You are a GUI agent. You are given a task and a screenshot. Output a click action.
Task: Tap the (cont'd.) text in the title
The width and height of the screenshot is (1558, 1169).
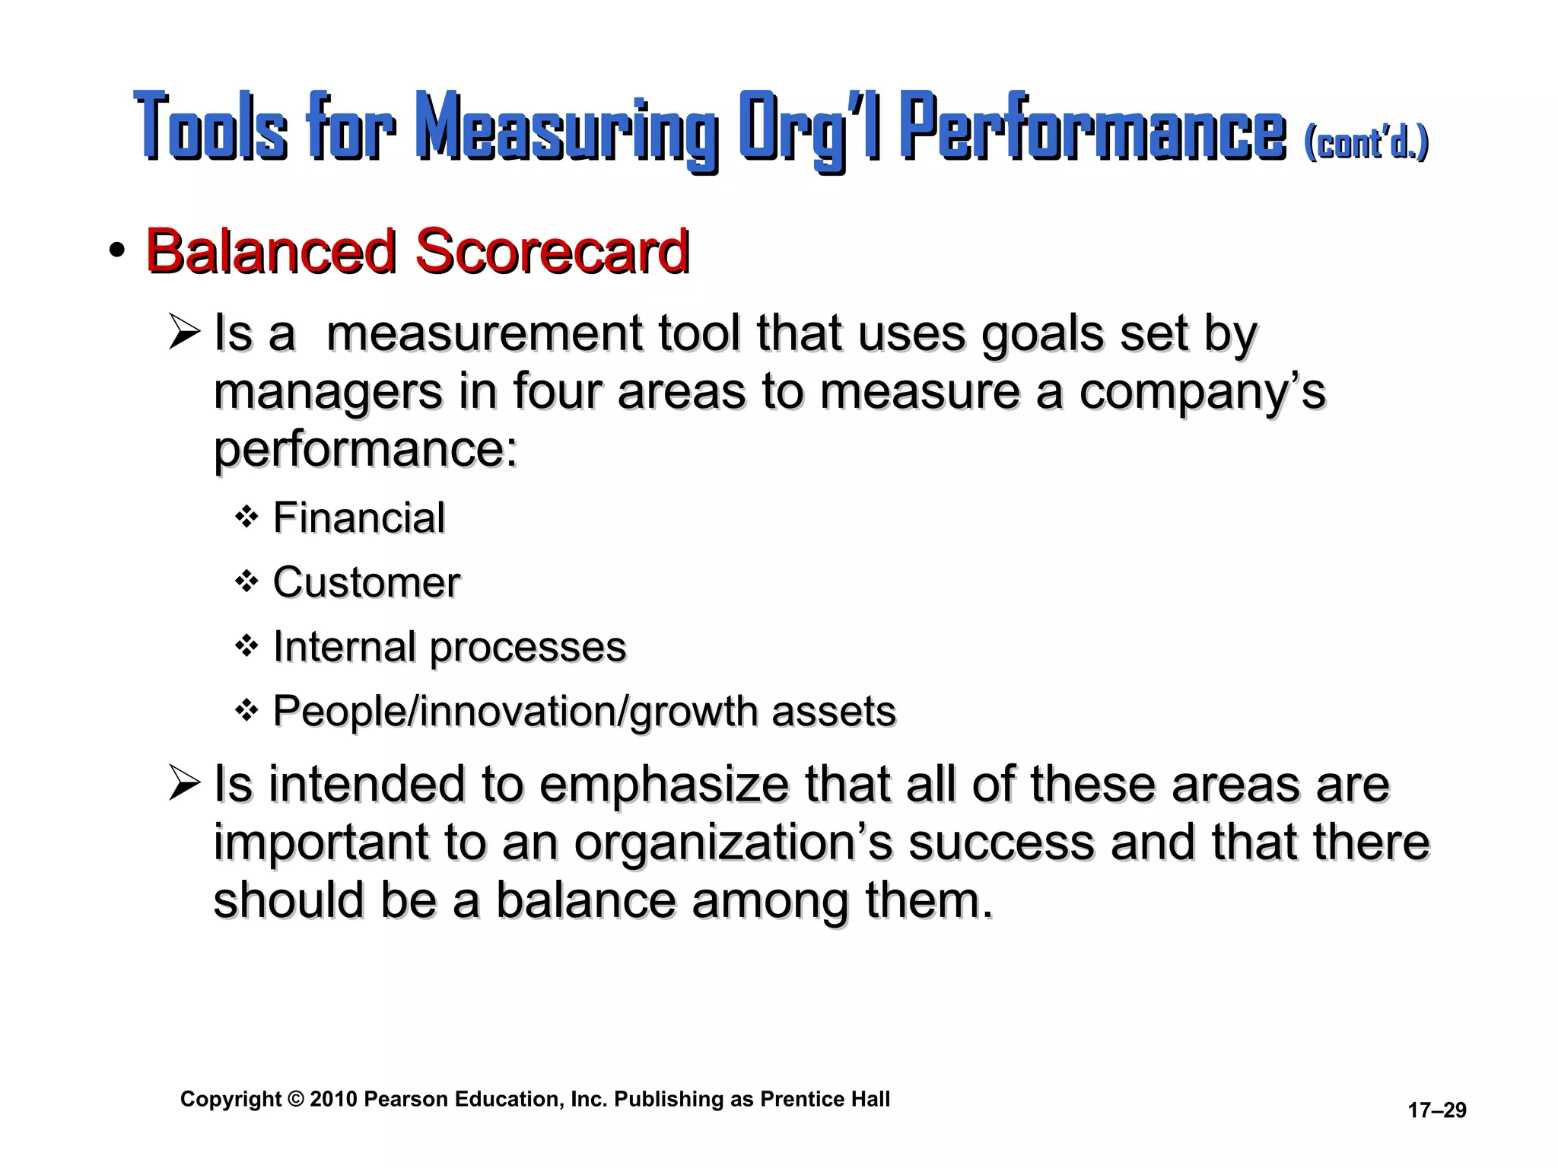pos(1366,142)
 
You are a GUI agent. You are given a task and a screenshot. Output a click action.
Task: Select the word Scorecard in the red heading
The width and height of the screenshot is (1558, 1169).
pos(552,251)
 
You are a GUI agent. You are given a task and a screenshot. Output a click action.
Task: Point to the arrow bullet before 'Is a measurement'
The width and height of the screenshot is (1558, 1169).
pos(185,333)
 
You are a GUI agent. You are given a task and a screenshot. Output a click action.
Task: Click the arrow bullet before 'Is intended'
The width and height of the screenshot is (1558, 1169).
pos(185,784)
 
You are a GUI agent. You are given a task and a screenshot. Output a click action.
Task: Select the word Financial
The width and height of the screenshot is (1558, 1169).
pos(358,518)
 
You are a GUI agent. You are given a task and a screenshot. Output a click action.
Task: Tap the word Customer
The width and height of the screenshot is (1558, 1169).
pos(366,583)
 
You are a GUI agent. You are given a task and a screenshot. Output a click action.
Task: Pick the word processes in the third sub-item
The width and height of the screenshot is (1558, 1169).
pos(527,648)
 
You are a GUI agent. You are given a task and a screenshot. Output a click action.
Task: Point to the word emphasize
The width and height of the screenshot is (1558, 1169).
pos(664,785)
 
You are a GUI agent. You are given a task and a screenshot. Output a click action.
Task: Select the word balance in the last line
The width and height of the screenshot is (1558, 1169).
pos(586,900)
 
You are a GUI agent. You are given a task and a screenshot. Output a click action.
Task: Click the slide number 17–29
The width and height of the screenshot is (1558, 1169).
pos(1436,1110)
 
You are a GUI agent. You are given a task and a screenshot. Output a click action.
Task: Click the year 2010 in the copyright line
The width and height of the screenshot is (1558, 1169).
pos(333,1099)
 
